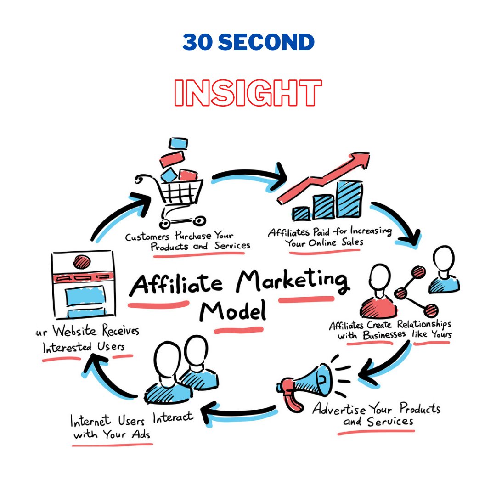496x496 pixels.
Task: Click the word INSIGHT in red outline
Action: pos(248,94)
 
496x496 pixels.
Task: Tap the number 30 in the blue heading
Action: pos(197,43)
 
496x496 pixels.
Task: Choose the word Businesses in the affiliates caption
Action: pos(384,335)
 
